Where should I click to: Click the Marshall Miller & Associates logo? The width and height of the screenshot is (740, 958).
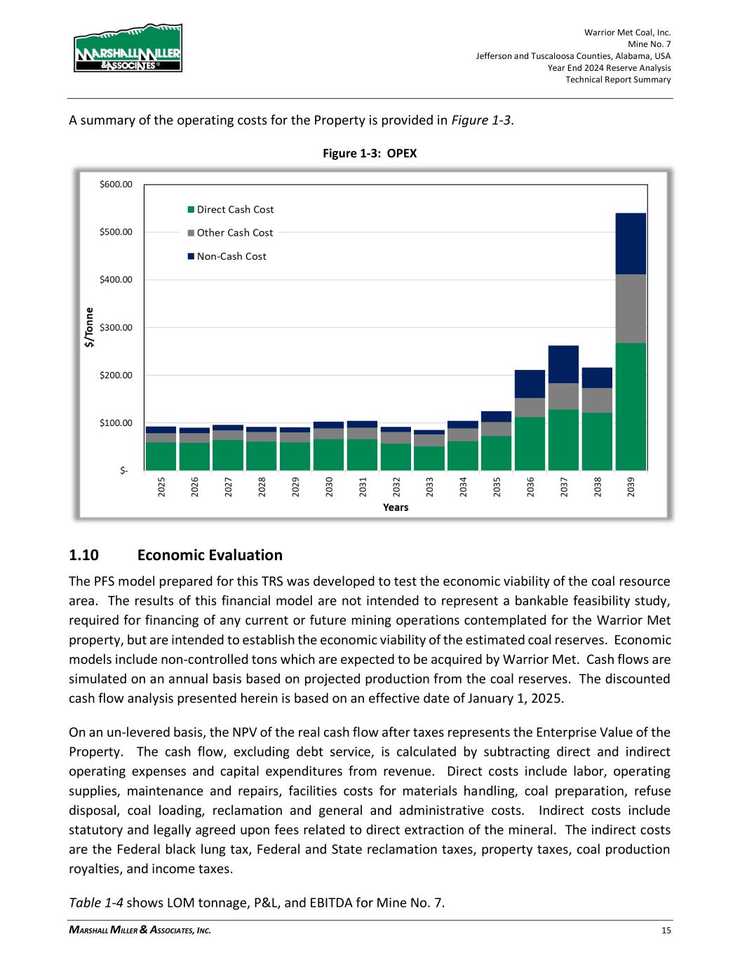128,48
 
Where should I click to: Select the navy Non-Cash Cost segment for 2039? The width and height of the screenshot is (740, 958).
631,244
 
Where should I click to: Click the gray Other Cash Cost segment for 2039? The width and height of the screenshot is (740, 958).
631,309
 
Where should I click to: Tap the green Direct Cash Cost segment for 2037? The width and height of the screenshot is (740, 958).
563,440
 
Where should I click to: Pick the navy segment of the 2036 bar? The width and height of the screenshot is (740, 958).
530,384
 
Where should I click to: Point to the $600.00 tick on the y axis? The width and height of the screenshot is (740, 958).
116,185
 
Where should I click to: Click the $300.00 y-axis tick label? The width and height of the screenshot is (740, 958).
116,328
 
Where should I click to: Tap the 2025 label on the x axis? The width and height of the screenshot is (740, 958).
161,487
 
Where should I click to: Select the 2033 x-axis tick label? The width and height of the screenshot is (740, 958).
429,487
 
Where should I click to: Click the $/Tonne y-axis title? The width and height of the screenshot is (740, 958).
89,328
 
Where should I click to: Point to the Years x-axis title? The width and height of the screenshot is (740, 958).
396,507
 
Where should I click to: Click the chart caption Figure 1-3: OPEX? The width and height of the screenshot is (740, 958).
370,153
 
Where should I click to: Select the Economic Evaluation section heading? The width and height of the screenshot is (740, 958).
210,555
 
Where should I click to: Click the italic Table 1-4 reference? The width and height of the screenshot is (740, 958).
96,903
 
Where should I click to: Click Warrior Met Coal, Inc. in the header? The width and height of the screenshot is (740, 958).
627,32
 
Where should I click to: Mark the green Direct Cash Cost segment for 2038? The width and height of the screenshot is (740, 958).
597,441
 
